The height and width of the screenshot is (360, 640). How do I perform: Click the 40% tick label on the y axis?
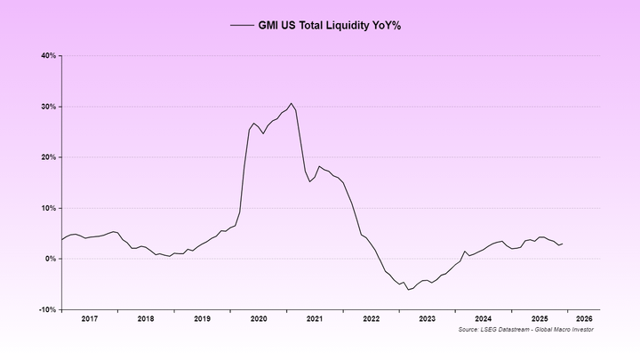pos(49,56)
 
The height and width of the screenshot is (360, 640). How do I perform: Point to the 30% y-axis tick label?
pos(49,107)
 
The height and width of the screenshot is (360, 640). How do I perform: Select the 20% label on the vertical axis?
pos(49,157)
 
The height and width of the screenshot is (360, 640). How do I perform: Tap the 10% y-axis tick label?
pos(49,208)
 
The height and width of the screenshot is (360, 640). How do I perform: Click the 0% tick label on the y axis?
pos(51,259)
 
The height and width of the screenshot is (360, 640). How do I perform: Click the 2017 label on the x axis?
pos(89,318)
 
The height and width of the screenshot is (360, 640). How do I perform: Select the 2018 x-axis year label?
pos(146,318)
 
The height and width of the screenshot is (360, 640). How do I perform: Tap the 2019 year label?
pos(202,318)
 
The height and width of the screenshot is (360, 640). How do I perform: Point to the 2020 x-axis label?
pos(259,318)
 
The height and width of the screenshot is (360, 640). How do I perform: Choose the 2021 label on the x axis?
pos(315,318)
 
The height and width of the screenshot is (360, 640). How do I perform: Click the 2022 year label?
pos(372,318)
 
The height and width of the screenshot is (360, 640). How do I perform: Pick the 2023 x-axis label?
pos(428,318)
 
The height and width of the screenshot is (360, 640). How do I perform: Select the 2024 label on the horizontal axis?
pos(484,318)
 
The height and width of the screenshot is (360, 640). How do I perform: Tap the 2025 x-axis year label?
pos(540,318)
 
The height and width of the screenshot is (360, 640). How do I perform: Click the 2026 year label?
pos(585,318)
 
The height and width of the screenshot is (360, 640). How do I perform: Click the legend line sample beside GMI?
pos(242,26)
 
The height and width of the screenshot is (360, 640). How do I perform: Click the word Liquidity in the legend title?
pos(345,26)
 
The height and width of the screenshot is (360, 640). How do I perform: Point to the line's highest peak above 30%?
pos(291,103)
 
